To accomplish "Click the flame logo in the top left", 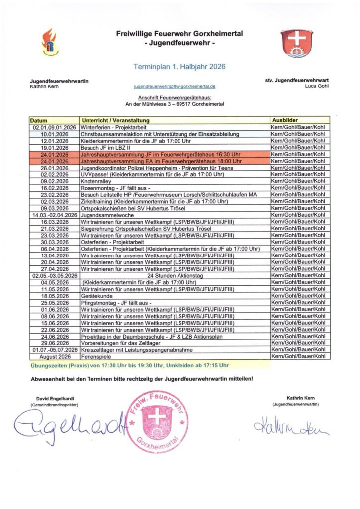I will tap(49, 42).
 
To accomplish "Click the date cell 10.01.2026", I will tap(54, 134).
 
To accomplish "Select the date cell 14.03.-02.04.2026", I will tap(54, 215).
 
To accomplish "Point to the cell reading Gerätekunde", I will tap(96, 295).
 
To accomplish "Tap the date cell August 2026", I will tap(54, 356).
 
